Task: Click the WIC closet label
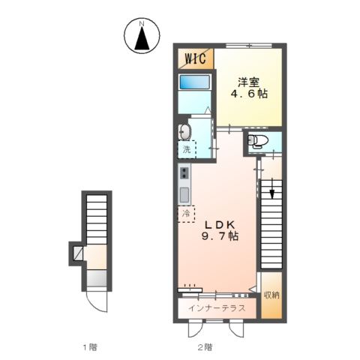pyautogui.click(x=196, y=58)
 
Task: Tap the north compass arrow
pyautogui.click(x=142, y=38)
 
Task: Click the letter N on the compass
pyautogui.click(x=142, y=24)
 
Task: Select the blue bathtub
pyautogui.click(x=194, y=82)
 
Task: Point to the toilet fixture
pyautogui.click(x=257, y=141)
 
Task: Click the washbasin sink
pyautogui.click(x=184, y=132)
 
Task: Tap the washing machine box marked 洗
pyautogui.click(x=187, y=149)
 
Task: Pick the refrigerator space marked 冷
pyautogui.click(x=186, y=214)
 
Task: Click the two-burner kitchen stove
pyautogui.click(x=184, y=173)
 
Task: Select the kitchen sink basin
pyautogui.click(x=184, y=195)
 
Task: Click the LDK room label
pyautogui.click(x=220, y=225)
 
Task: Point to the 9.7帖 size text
pyautogui.click(x=220, y=236)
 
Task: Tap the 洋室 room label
pyautogui.click(x=248, y=82)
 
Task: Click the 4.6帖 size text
pyautogui.click(x=249, y=94)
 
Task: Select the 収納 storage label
pyautogui.click(x=271, y=295)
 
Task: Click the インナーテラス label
pyautogui.click(x=217, y=308)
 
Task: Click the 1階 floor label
pyautogui.click(x=90, y=347)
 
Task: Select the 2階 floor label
pyautogui.click(x=205, y=347)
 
